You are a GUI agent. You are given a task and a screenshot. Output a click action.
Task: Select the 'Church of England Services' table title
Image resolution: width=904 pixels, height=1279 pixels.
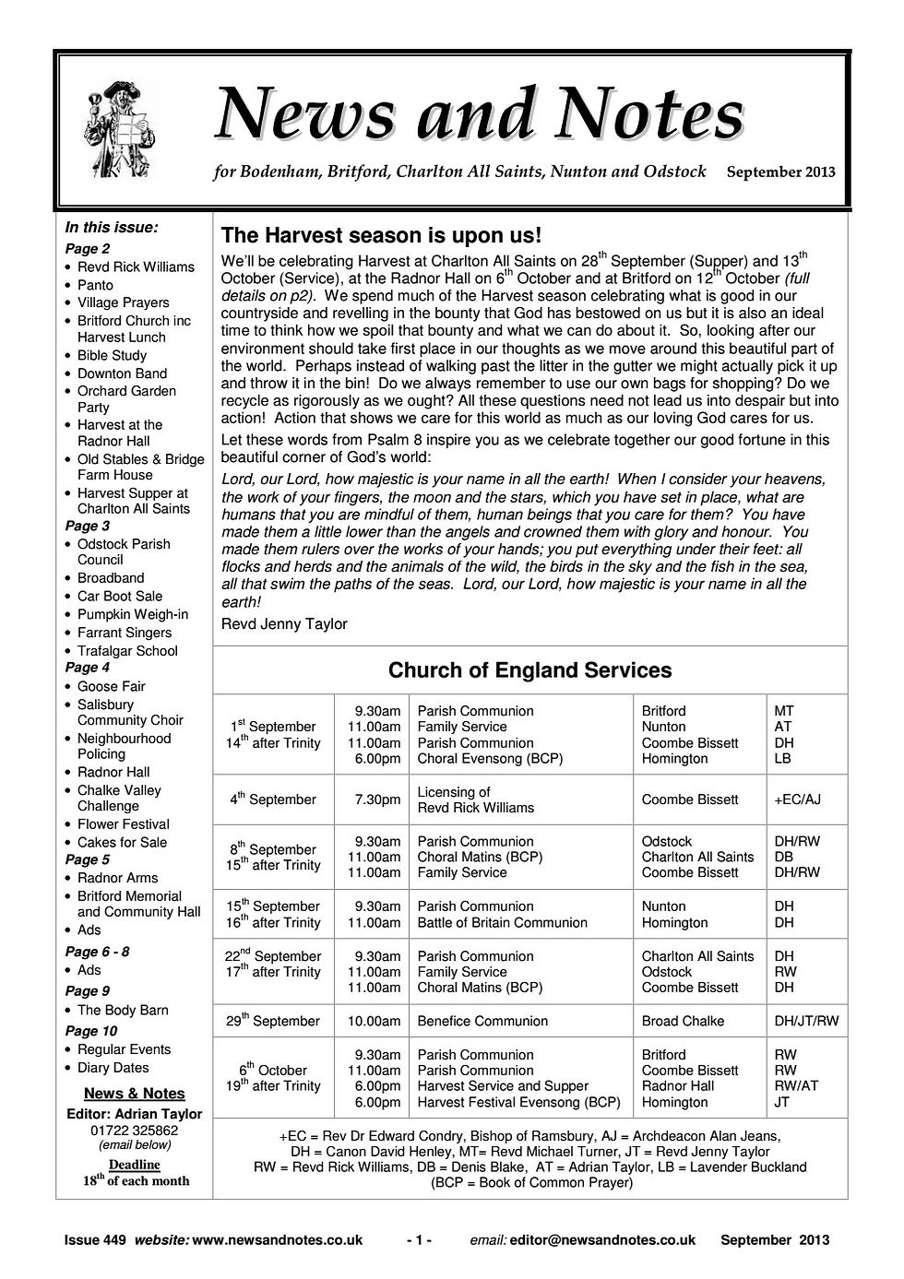(529, 670)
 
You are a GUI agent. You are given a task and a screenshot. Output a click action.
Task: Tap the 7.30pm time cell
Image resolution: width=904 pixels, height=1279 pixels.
(378, 799)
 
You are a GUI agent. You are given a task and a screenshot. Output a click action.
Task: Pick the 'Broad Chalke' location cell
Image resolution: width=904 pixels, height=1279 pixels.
(683, 1021)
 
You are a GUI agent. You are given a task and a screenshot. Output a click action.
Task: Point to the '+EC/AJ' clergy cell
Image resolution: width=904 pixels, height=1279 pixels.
(798, 799)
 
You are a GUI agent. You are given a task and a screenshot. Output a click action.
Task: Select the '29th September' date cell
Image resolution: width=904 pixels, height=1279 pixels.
(274, 1021)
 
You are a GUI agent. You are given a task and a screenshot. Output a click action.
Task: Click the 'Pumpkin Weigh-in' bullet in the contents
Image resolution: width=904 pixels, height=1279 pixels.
(132, 614)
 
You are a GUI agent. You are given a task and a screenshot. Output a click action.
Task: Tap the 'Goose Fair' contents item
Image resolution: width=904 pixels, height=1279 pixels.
(111, 686)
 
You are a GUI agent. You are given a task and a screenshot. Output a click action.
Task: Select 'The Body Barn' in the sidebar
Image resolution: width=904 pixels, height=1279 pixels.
(123, 1010)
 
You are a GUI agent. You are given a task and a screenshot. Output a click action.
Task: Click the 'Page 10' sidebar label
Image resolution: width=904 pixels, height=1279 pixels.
(91, 1031)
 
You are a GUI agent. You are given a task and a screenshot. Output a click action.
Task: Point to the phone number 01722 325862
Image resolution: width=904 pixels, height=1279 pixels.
(135, 1130)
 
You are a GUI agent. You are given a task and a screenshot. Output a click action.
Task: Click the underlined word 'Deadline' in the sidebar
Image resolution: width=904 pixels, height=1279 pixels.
(135, 1165)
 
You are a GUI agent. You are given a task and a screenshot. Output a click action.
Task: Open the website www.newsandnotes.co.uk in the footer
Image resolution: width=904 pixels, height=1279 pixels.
(276, 1240)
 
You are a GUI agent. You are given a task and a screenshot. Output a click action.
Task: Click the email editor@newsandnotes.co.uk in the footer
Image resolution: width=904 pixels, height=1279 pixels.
(602, 1240)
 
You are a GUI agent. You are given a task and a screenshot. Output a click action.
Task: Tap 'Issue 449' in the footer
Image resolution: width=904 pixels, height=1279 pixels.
(95, 1240)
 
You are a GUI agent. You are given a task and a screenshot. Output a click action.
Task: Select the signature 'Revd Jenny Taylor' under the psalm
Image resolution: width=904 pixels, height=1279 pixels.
(284, 624)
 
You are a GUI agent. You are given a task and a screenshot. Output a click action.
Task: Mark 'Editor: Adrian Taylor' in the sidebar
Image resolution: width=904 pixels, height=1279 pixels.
(135, 1113)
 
